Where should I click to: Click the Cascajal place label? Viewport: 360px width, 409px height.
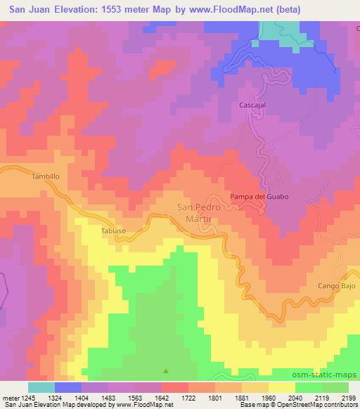252,105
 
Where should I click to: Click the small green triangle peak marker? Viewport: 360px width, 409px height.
166,370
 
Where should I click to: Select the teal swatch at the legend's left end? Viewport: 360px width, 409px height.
41,387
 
